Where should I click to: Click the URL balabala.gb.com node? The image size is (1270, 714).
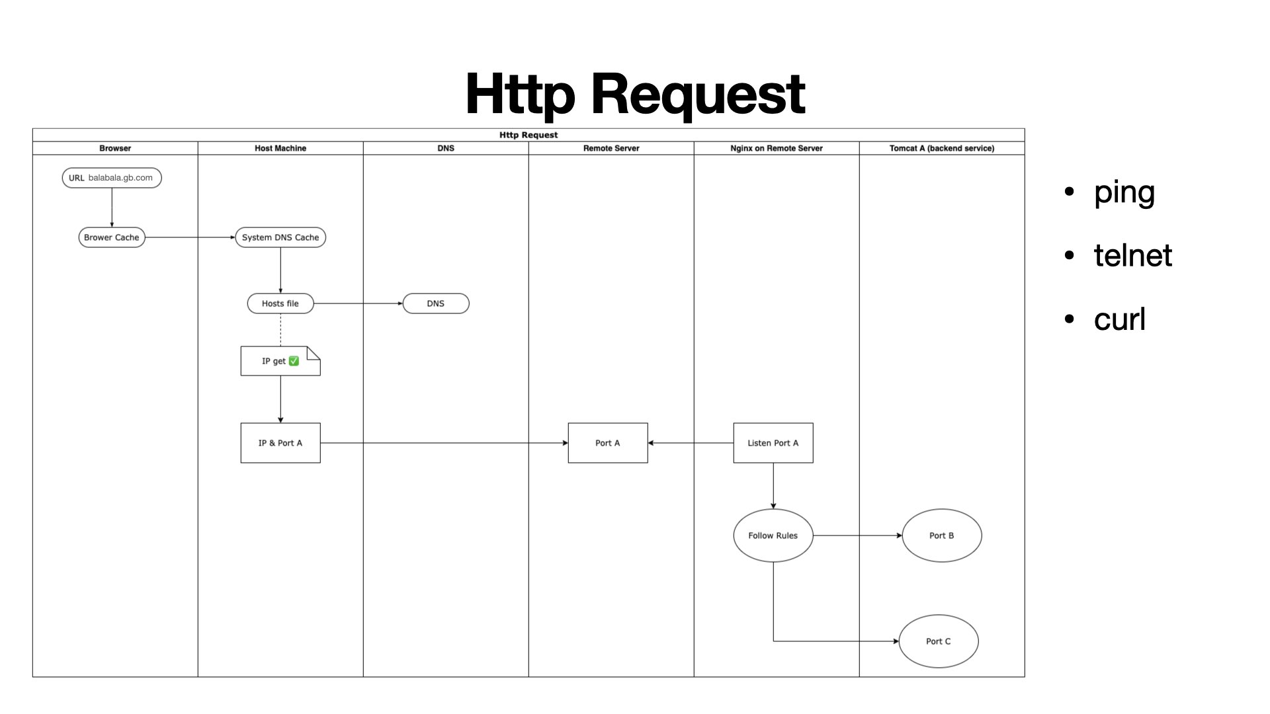(112, 178)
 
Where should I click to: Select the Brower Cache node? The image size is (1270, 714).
(112, 237)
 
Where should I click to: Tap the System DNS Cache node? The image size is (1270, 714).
(280, 237)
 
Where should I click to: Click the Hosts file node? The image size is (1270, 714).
(280, 303)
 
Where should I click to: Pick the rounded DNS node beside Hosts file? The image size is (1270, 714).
(436, 303)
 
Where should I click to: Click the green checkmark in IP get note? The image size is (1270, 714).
(294, 361)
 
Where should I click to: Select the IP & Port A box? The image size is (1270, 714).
(280, 443)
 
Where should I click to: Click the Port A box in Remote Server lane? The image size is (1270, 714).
(608, 443)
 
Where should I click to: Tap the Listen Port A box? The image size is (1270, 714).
(773, 443)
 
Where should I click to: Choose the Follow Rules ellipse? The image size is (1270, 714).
(773, 535)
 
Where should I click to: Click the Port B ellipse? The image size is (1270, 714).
(942, 535)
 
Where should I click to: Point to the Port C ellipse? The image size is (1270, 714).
(939, 641)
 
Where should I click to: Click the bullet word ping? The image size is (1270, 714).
(1124, 192)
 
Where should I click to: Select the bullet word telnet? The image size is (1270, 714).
(1132, 256)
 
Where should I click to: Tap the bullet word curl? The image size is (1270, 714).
(1119, 319)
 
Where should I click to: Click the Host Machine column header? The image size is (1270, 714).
(280, 148)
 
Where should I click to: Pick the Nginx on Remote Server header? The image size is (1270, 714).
(777, 148)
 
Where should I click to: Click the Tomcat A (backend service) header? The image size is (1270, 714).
(942, 148)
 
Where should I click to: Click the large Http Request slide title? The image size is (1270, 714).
(635, 94)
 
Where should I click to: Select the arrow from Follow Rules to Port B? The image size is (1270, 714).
(857, 535)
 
